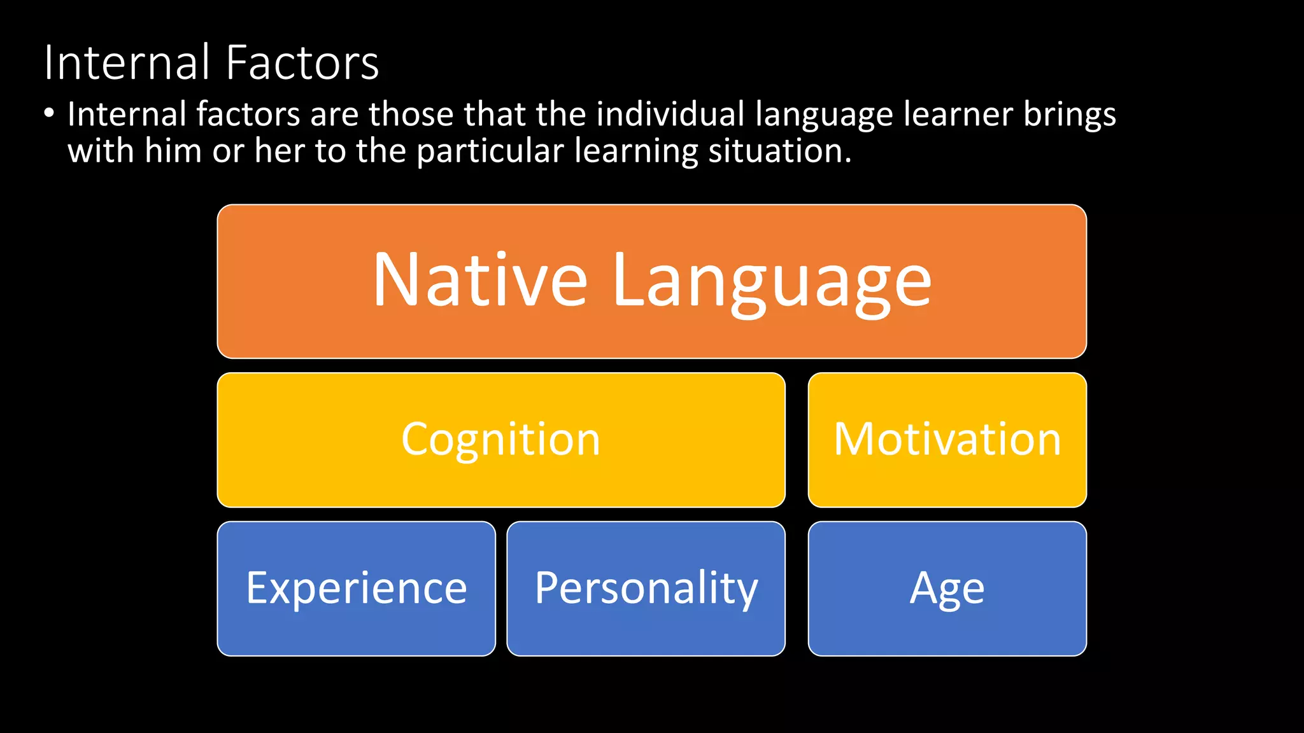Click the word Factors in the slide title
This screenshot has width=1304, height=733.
pos(302,63)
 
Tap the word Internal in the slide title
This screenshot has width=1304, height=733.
pos(127,63)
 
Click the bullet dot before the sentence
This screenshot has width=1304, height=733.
pos(49,113)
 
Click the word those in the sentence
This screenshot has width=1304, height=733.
pos(411,115)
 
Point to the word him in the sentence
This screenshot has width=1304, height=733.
pos(173,151)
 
